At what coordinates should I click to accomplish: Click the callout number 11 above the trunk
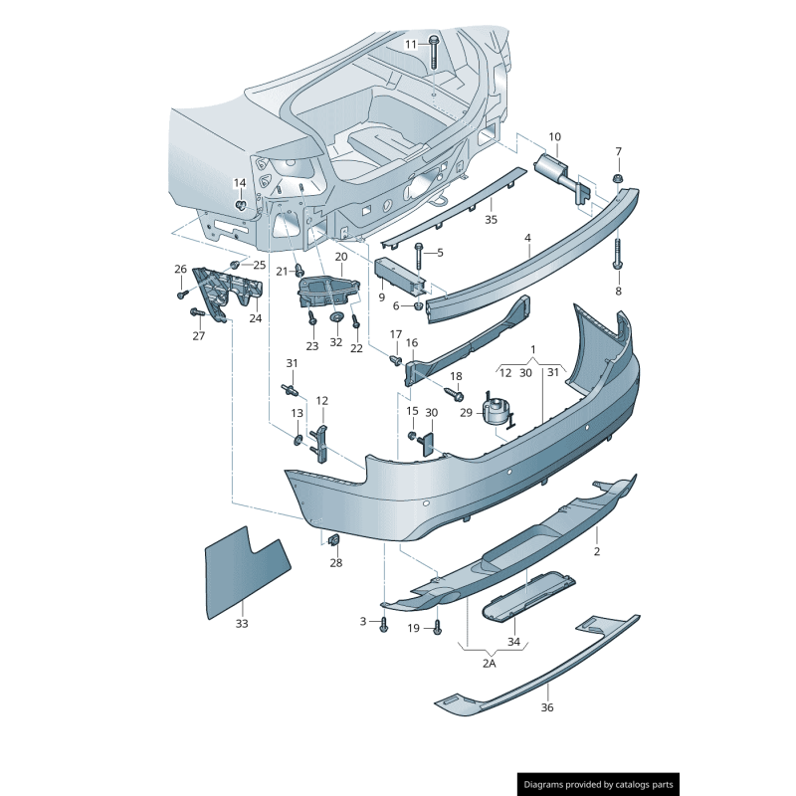[x=412, y=45]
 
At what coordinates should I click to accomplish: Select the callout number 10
[x=554, y=136]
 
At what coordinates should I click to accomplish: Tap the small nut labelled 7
[x=618, y=179]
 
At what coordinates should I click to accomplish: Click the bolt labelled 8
[x=618, y=255]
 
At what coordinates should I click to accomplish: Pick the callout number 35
[x=491, y=219]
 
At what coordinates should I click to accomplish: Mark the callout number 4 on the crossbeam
[x=527, y=238]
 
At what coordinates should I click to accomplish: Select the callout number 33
[x=242, y=624]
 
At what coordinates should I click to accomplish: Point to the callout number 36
[x=546, y=707]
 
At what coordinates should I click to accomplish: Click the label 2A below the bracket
[x=489, y=664]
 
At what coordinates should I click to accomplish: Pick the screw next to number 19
[x=437, y=628]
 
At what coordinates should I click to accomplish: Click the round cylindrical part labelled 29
[x=496, y=409]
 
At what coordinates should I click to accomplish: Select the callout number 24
[x=256, y=318]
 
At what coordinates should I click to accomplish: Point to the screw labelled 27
[x=196, y=313]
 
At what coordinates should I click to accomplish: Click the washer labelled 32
[x=336, y=317]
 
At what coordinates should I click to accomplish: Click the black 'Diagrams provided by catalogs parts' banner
[x=600, y=784]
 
